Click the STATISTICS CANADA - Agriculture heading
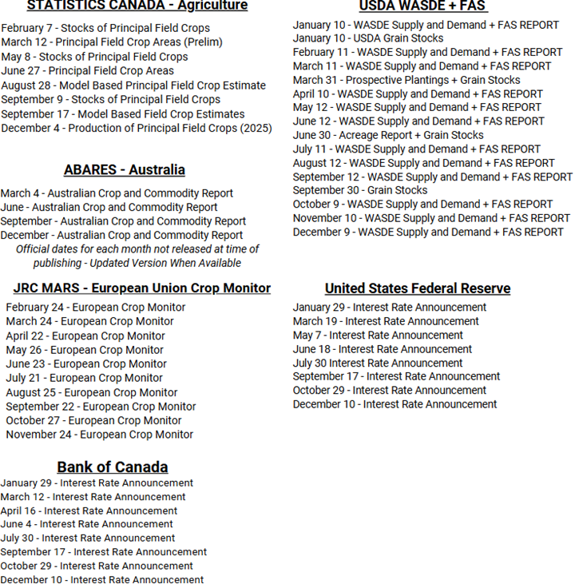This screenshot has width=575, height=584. click(137, 6)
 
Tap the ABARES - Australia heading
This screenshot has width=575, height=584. click(125, 170)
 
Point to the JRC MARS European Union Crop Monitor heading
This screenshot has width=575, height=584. click(142, 288)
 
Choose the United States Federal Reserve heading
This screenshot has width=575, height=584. click(418, 288)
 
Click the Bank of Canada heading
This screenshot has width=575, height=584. click(113, 467)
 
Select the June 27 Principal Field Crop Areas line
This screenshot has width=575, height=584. click(87, 71)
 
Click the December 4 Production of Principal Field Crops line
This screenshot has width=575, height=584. click(137, 128)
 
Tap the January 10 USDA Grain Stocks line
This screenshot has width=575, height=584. click(368, 38)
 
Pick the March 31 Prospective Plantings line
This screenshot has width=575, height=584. click(406, 80)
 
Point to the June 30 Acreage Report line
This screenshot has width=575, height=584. click(388, 135)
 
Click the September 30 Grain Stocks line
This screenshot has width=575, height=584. click(360, 190)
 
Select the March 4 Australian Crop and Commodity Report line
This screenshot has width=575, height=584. click(117, 193)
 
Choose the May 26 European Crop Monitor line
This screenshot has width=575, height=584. click(85, 350)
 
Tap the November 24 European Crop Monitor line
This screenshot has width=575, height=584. click(99, 435)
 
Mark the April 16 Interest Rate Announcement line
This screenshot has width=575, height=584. click(89, 511)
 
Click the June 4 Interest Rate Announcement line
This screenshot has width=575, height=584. click(86, 524)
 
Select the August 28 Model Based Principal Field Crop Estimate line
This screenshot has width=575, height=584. click(133, 85)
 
